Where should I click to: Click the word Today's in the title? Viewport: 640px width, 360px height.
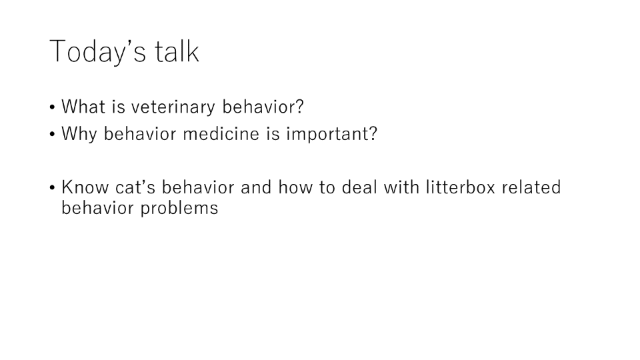[97, 51]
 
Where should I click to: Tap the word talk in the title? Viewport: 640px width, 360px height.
[177, 51]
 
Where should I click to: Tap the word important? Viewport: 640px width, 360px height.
[327, 135]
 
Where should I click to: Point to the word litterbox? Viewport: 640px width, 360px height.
[461, 187]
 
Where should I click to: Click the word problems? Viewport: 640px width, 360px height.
[179, 209]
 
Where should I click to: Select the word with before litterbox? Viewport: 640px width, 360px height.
[401, 187]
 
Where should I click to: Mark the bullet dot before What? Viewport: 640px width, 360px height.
[52, 108]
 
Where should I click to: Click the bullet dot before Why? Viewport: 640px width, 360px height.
[52, 135]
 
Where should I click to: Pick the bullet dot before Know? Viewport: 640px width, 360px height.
[52, 188]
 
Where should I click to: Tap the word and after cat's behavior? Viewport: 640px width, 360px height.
[256, 187]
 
